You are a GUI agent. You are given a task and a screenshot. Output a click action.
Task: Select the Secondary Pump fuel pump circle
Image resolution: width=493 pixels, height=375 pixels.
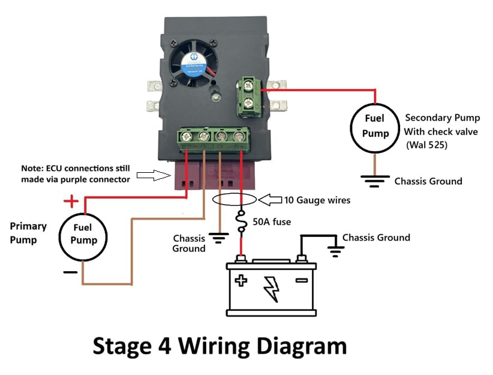pyautogui.click(x=375, y=127)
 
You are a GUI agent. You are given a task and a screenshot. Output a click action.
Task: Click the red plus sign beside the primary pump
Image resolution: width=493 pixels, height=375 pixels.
pyautogui.click(x=72, y=200)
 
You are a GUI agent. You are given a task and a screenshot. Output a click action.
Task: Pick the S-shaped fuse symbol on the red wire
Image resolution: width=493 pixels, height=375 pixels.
pyautogui.click(x=242, y=223)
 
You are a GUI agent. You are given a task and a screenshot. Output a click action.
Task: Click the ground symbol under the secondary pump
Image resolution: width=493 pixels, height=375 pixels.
pyautogui.click(x=375, y=180)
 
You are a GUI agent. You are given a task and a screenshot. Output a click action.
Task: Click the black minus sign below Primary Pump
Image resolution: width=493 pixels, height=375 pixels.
pyautogui.click(x=70, y=271)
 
